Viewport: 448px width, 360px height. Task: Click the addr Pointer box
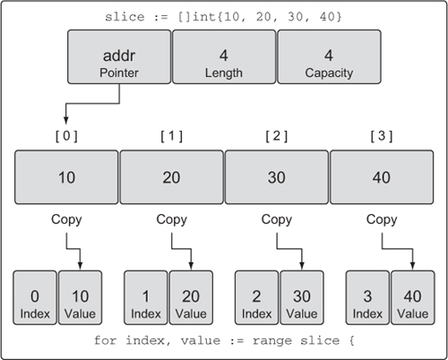point(119,56)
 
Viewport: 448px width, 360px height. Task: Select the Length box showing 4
point(224,56)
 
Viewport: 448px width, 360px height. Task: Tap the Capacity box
point(329,56)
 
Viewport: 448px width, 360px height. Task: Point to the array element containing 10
point(66,177)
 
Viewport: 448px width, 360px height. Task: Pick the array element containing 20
point(171,177)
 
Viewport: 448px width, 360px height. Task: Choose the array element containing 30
point(277,177)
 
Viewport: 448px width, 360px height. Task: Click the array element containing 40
point(382,177)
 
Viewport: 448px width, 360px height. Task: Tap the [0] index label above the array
point(66,136)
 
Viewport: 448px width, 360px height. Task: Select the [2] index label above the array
point(277,136)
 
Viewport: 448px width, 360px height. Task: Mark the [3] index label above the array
point(382,136)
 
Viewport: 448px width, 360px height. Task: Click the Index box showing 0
point(35,297)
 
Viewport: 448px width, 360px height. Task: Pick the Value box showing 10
point(80,297)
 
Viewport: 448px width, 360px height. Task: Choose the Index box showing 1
point(146,297)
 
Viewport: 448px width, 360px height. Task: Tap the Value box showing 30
point(302,297)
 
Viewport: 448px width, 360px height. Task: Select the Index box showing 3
point(367,297)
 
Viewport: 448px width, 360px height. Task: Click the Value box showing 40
point(413,297)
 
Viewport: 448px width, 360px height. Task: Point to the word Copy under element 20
point(171,219)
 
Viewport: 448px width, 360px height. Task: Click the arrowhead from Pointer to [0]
point(66,121)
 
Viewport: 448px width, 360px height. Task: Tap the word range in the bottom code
point(271,340)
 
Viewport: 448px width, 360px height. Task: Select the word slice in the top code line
point(125,17)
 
